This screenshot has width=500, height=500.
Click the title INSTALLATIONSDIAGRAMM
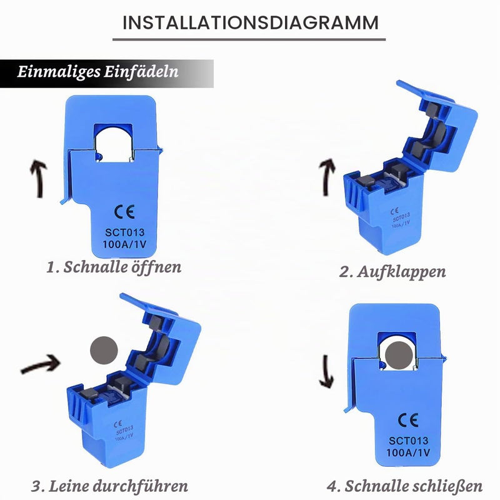[x=251, y=22]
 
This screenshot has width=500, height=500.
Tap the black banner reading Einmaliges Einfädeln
[x=106, y=74]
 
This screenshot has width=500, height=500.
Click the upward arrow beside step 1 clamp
[x=39, y=179]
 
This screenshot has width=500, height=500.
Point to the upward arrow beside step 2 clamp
[x=327, y=177]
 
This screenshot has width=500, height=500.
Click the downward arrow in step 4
[x=326, y=372]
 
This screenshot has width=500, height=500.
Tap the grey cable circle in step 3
[x=104, y=350]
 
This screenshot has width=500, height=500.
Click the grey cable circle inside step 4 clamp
[x=399, y=355]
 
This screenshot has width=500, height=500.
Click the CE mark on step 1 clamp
[x=124, y=212]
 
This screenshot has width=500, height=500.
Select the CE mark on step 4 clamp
[x=408, y=420]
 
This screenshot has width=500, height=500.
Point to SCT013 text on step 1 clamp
[x=124, y=232]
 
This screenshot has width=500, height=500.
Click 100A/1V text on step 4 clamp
[x=408, y=452]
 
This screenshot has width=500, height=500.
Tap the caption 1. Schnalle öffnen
[x=114, y=267]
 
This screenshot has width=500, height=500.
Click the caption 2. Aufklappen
[x=392, y=272]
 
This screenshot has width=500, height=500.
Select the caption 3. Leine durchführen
[x=110, y=486]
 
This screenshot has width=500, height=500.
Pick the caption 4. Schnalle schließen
[x=404, y=486]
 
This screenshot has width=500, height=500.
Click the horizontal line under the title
[x=249, y=39]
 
